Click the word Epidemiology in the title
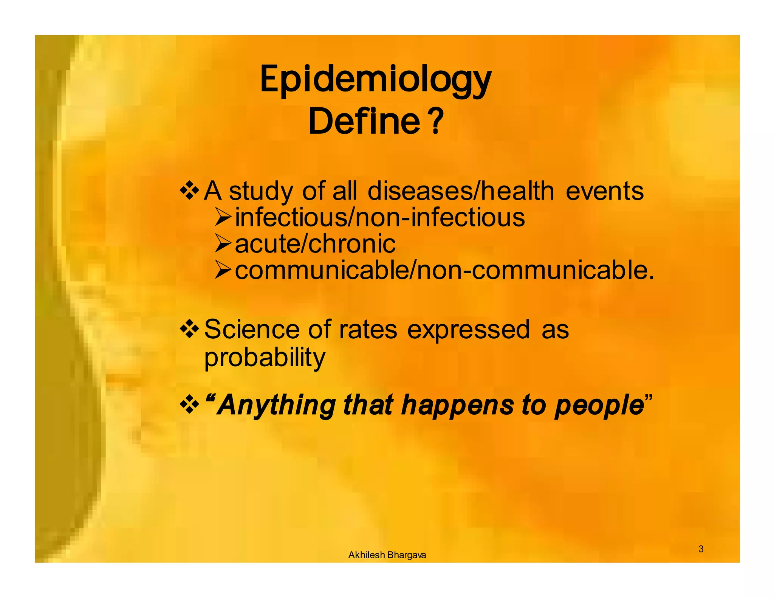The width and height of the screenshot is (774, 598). pyautogui.click(x=376, y=81)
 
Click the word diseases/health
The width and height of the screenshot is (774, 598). pyautogui.click(x=461, y=191)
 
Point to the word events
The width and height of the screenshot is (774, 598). pyautogui.click(x=605, y=191)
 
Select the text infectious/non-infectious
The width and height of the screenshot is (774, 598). pyautogui.click(x=380, y=217)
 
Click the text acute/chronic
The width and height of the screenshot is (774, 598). pyautogui.click(x=315, y=243)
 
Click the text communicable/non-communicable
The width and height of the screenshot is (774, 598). pyautogui.click(x=444, y=270)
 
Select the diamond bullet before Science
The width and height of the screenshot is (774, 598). pyautogui.click(x=189, y=329)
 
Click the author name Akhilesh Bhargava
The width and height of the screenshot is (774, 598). pyautogui.click(x=387, y=555)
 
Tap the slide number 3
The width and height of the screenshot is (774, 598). pyautogui.click(x=701, y=549)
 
